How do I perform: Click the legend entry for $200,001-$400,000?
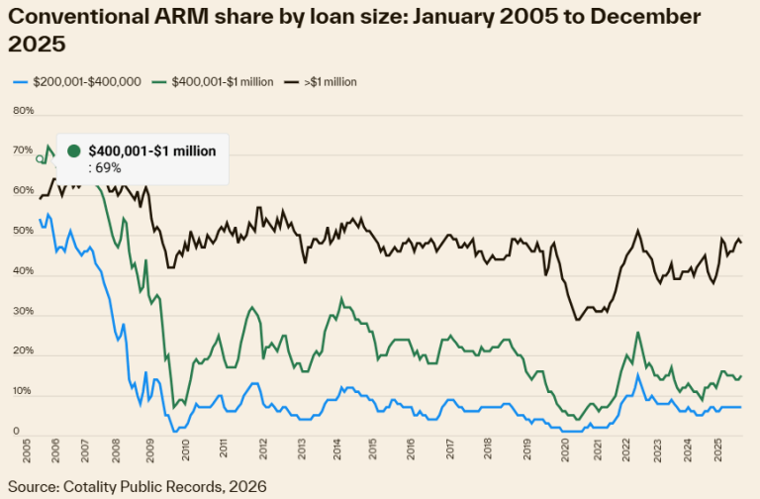(x=77, y=82)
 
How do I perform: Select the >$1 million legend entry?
(x=321, y=82)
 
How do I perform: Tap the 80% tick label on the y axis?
(x=24, y=111)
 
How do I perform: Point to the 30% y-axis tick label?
(x=24, y=311)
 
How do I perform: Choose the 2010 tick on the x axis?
(x=186, y=449)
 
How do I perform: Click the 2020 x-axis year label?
(x=565, y=449)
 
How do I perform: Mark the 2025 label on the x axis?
(x=717, y=449)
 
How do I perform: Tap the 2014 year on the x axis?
(x=336, y=449)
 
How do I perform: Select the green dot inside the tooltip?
(x=73, y=150)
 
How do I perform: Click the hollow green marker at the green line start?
(x=40, y=158)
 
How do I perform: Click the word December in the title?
(x=645, y=17)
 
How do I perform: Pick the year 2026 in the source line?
(x=248, y=486)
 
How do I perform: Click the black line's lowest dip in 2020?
(x=577, y=320)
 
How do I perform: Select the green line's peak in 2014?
(x=341, y=299)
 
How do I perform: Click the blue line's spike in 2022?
(x=638, y=375)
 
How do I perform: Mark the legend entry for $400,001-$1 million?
(x=213, y=82)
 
